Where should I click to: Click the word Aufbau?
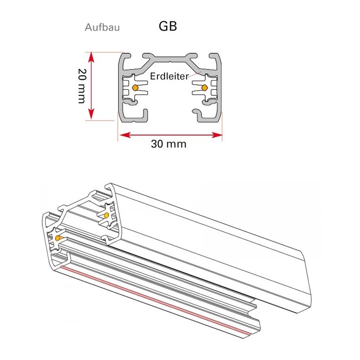[102, 27]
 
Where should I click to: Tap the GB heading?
[168, 26]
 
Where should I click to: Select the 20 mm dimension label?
[82, 86]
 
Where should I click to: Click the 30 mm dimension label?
[169, 144]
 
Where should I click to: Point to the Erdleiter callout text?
[170, 76]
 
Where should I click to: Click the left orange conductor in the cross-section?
[135, 87]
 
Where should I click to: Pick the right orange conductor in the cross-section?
[204, 87]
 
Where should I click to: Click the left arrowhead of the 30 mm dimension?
[125, 135]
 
